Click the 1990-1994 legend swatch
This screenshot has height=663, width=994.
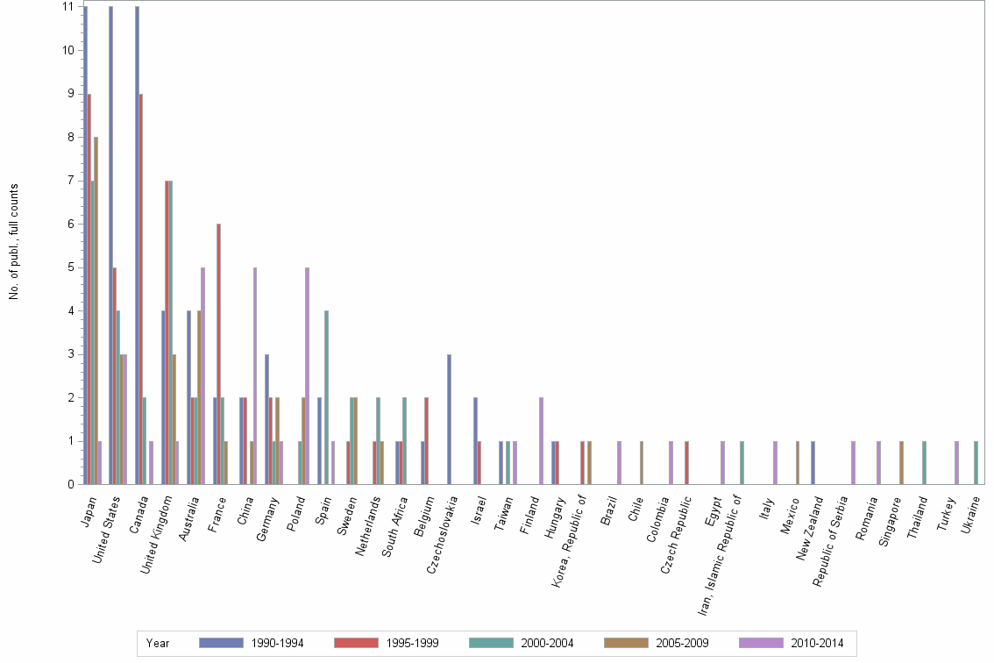(222, 643)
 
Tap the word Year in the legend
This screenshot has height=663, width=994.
(158, 643)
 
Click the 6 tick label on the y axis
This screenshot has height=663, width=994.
(67, 224)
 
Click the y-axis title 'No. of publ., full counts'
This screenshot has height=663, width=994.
(14, 242)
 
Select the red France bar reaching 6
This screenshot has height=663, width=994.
(218, 353)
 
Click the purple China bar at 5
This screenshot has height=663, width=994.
(255, 375)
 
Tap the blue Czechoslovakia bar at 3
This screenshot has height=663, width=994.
(450, 418)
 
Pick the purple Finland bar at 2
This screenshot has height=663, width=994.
(541, 440)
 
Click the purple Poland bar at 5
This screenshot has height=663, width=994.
(307, 375)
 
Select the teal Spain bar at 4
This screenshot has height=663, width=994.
(326, 397)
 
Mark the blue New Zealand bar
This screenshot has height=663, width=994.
(813, 462)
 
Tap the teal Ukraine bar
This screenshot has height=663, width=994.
(976, 462)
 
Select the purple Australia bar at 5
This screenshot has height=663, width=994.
(203, 375)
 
